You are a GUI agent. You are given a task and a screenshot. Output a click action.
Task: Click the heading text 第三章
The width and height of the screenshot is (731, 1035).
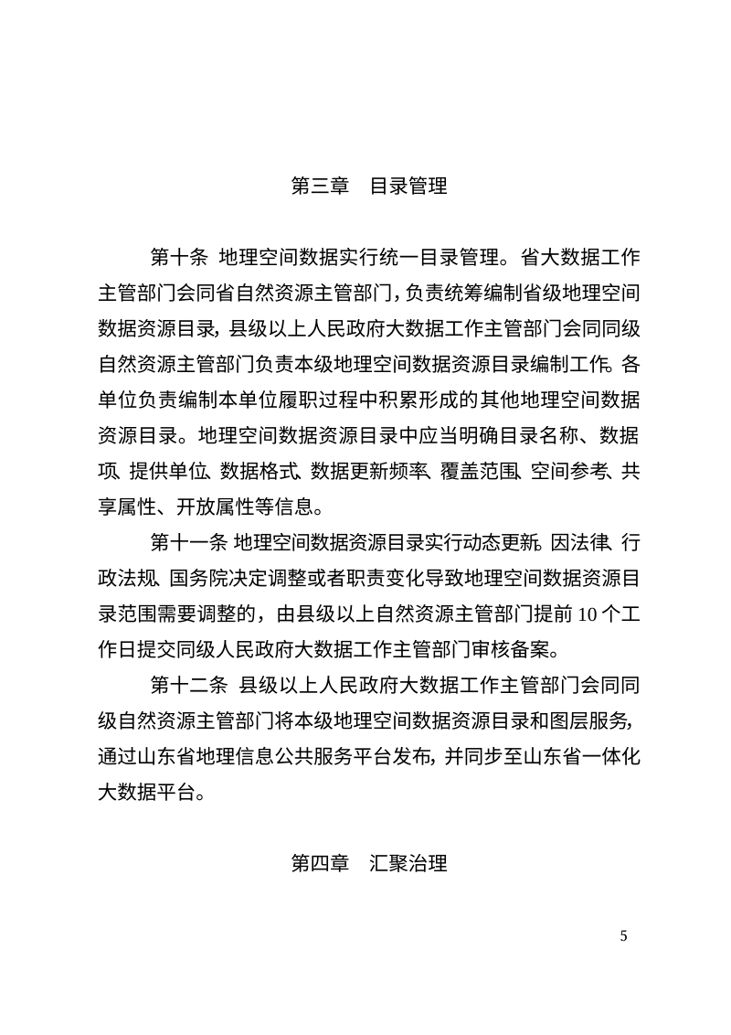click(320, 187)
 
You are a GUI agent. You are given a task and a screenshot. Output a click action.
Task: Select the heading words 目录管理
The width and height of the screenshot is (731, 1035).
click(408, 187)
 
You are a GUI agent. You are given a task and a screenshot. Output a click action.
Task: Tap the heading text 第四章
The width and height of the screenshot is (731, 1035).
click(320, 863)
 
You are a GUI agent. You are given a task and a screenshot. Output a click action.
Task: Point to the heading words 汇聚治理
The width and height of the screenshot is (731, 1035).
click(408, 863)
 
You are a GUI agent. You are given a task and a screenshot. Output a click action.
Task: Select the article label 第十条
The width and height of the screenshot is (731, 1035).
click(180, 254)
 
